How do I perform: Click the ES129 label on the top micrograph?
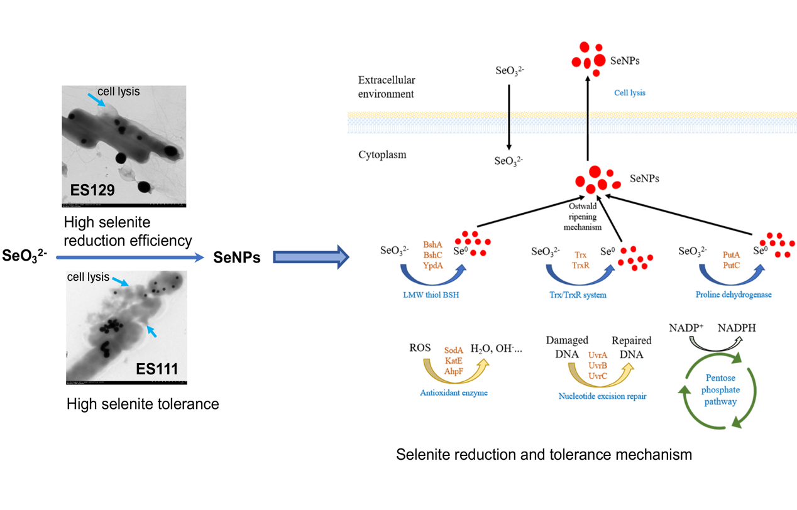click(x=92, y=190)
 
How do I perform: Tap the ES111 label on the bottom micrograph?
click(x=157, y=369)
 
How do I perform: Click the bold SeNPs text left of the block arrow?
click(x=237, y=257)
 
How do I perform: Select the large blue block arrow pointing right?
click(x=311, y=257)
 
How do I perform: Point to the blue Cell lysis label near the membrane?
click(x=629, y=93)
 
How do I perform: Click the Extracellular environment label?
click(x=387, y=87)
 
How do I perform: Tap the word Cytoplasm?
click(x=382, y=155)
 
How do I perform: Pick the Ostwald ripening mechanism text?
click(x=583, y=216)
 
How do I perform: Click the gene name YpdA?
click(x=432, y=266)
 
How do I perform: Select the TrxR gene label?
click(x=581, y=265)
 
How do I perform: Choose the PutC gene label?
click(x=731, y=265)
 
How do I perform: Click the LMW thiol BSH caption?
click(x=431, y=295)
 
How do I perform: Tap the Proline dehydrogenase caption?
click(x=734, y=295)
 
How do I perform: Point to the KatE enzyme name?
click(x=454, y=361)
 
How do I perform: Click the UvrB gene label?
click(x=598, y=366)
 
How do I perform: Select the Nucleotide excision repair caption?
click(x=602, y=396)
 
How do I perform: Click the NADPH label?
click(x=737, y=328)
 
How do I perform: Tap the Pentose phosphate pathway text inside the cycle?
click(x=720, y=389)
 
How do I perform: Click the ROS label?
click(x=420, y=347)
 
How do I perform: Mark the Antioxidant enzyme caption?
click(x=454, y=393)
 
